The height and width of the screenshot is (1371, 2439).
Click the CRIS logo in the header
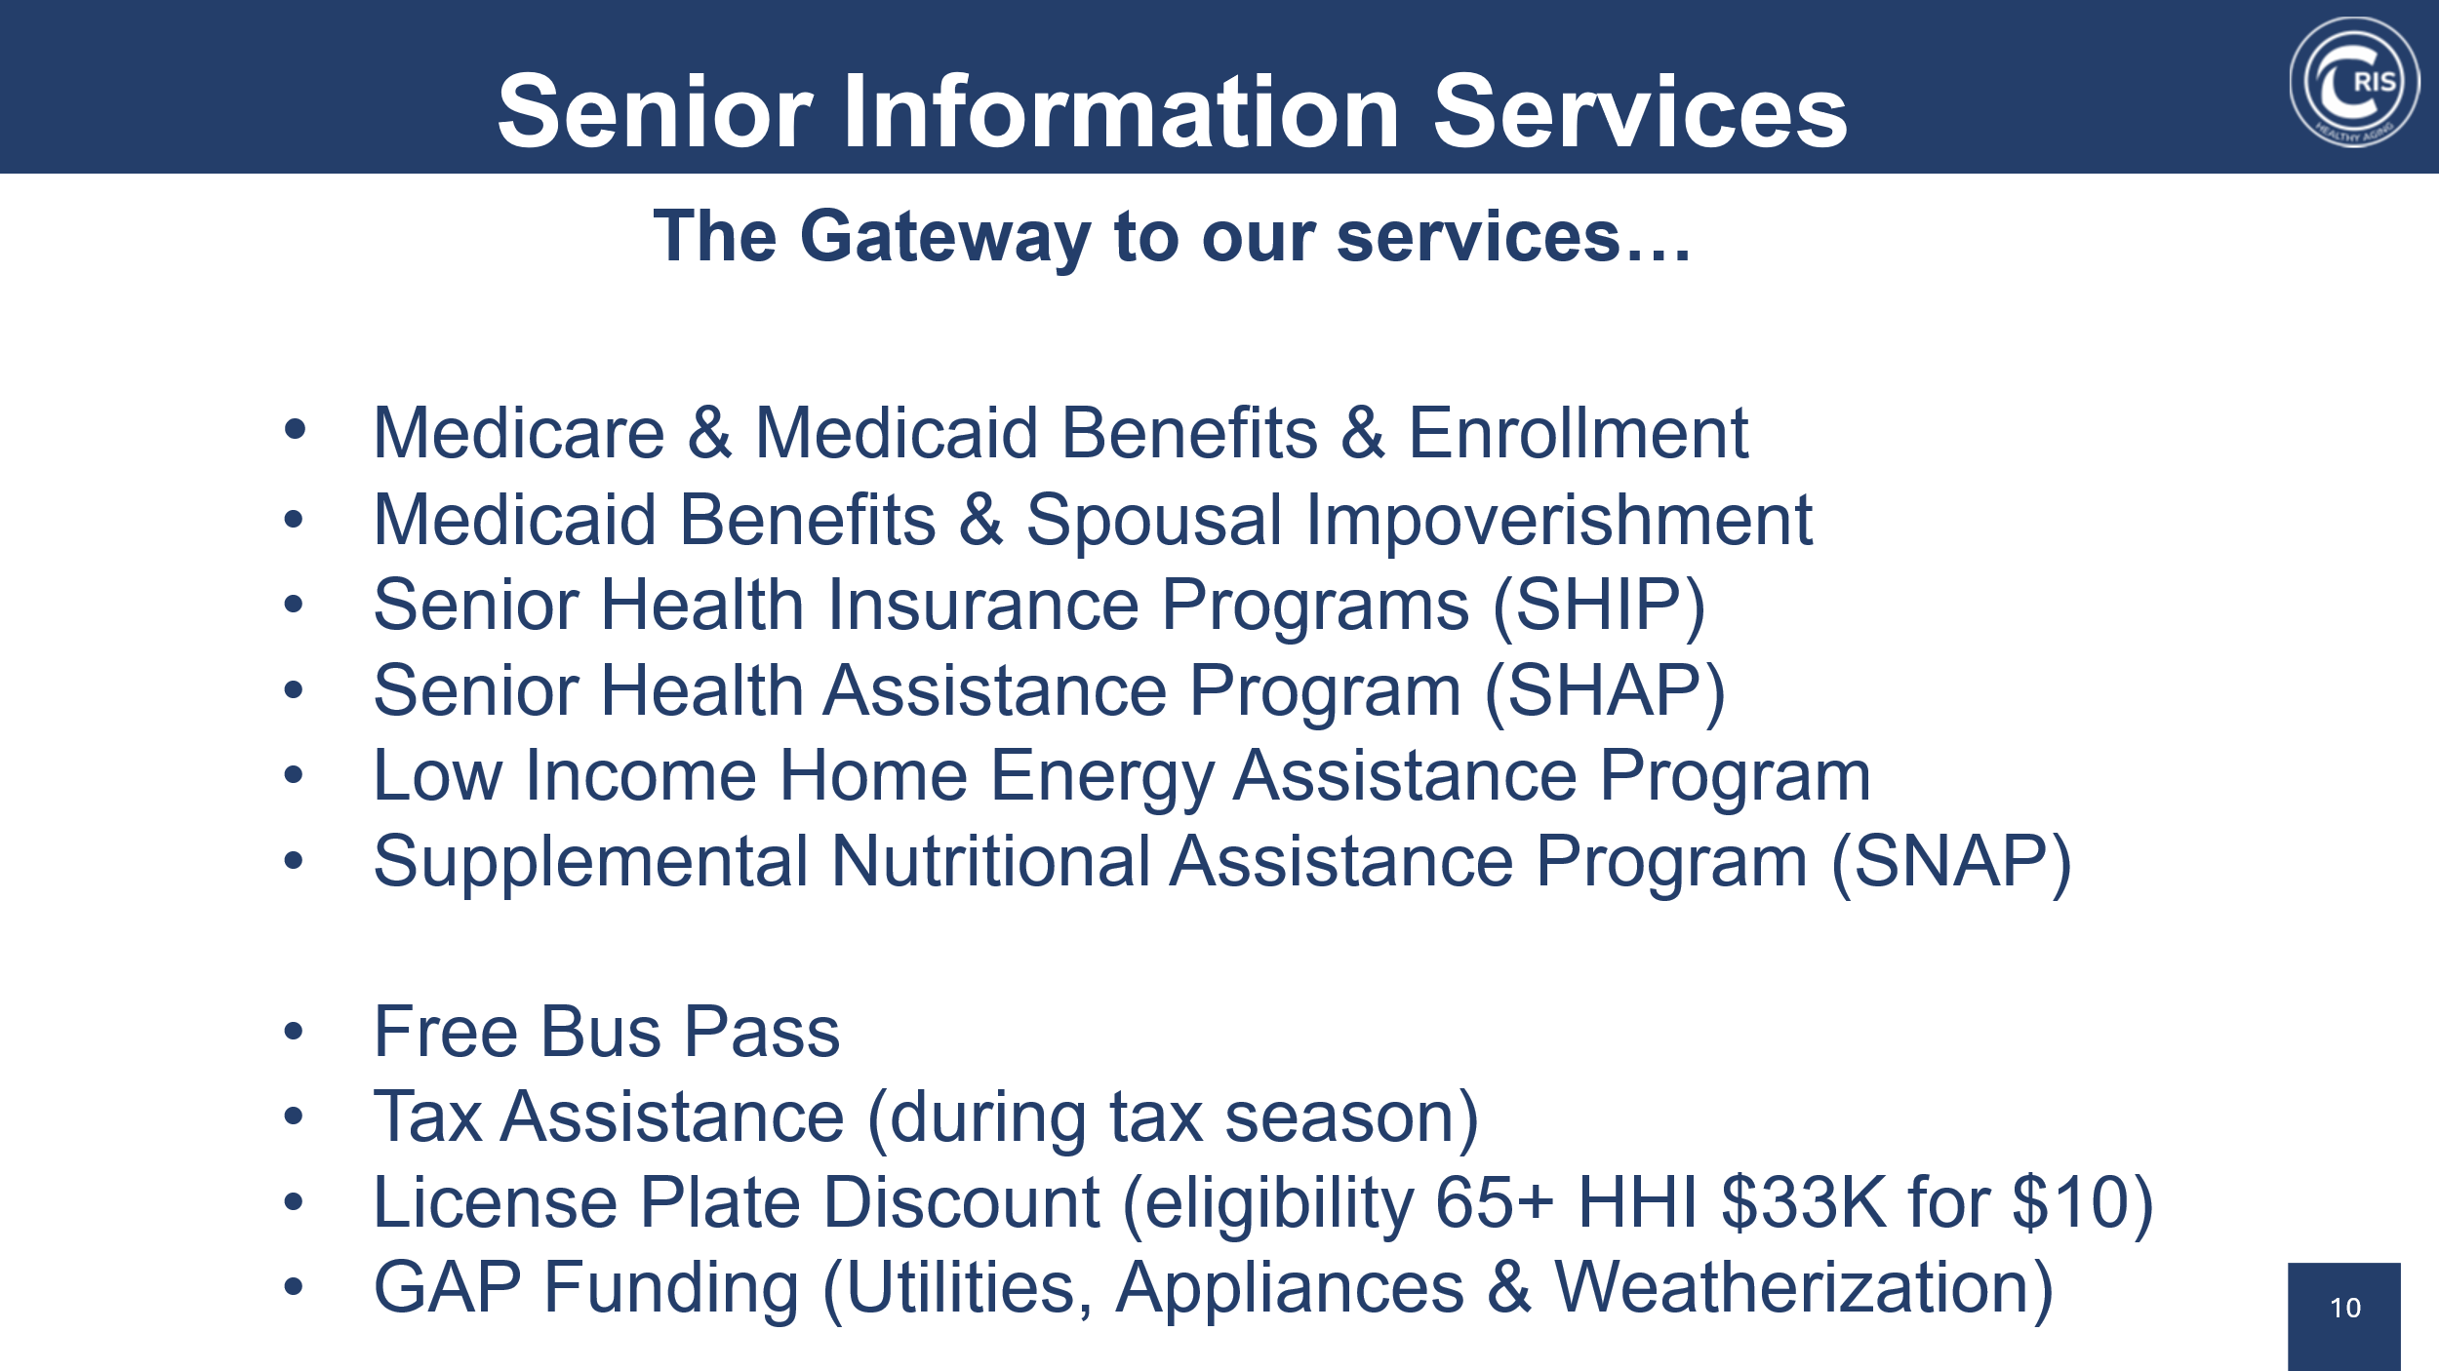coord(2354,82)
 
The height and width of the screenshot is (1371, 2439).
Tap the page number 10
coord(2345,1308)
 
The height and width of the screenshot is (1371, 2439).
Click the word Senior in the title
coord(655,112)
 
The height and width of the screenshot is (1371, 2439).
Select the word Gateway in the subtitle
coord(945,239)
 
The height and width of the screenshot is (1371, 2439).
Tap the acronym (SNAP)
coord(1951,863)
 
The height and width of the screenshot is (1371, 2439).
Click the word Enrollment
coord(1578,433)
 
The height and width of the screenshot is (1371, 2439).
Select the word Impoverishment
coord(1558,521)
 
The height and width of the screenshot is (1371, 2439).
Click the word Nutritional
coord(991,862)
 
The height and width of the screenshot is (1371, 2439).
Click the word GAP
coord(448,1288)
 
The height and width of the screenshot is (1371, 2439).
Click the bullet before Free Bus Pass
coord(294,1032)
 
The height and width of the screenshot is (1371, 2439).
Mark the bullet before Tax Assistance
coord(294,1116)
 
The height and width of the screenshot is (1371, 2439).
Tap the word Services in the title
coord(1640,112)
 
